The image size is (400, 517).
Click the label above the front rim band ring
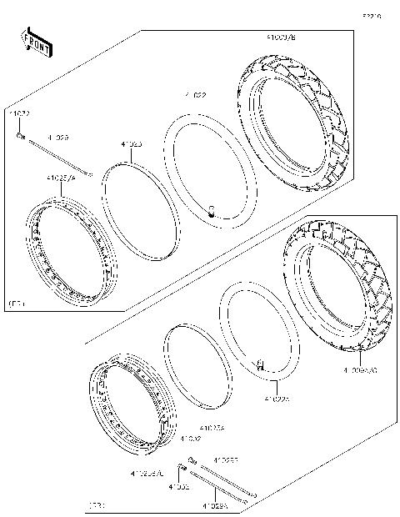(132, 144)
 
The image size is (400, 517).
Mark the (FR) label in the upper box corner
(17, 304)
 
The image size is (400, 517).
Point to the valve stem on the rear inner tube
(260, 364)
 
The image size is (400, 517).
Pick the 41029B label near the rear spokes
(225, 459)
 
